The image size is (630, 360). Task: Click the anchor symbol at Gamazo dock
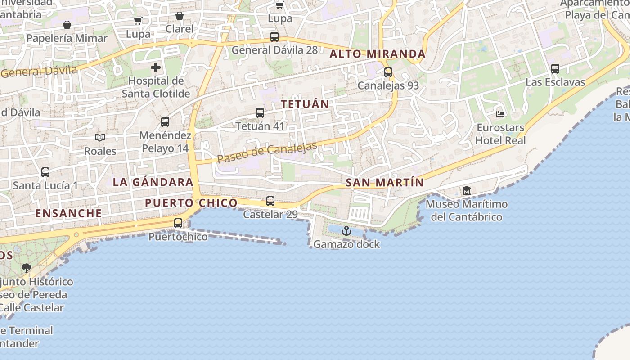346,231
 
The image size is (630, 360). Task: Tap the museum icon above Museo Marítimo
467,191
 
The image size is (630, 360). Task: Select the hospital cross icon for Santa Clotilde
156,68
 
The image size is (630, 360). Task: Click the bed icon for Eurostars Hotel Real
500,114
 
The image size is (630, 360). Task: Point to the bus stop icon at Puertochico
178,223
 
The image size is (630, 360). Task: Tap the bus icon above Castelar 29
270,201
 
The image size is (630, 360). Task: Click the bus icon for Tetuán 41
260,113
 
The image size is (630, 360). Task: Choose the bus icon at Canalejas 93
388,72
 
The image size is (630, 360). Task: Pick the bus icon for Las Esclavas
555,69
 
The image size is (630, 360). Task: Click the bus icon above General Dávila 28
274,37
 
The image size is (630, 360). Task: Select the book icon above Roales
100,138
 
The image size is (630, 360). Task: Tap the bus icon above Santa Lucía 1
45,172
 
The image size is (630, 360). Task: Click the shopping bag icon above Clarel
180,16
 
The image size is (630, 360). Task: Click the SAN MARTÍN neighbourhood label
385,183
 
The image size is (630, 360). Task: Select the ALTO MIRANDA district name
378,54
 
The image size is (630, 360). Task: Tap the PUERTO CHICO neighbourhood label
191,203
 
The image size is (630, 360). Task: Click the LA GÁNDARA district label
153,182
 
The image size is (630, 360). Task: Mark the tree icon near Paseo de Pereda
27,268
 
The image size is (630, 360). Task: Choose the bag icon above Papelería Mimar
67,25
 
